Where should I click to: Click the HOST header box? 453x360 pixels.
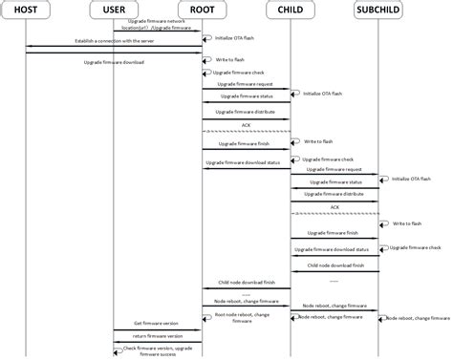click(x=26, y=11)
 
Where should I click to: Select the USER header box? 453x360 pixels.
click(x=114, y=11)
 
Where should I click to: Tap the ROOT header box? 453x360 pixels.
click(x=203, y=11)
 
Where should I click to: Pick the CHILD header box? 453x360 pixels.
click(x=291, y=11)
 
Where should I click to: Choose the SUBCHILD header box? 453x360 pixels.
click(x=379, y=11)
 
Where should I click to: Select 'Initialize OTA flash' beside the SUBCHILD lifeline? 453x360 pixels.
click(x=412, y=179)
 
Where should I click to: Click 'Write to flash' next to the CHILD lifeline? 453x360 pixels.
click(x=318, y=140)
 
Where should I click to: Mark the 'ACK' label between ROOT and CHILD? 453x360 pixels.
click(x=246, y=124)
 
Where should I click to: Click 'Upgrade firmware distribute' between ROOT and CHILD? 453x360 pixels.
click(x=247, y=111)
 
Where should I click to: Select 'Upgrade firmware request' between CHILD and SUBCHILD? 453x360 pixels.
click(x=334, y=169)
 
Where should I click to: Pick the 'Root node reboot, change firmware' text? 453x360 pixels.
click(x=242, y=317)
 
